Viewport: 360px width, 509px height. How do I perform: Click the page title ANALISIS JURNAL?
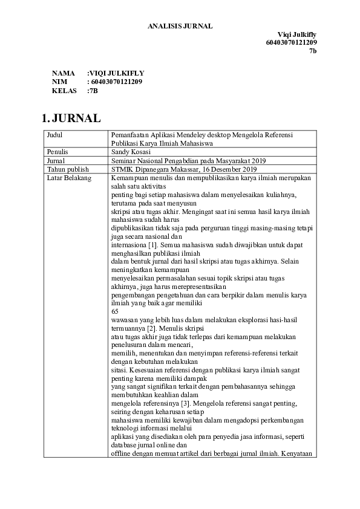tap(180, 25)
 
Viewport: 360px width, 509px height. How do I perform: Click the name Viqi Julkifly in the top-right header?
tap(297, 34)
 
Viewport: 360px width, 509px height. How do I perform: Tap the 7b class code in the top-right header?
tap(313, 51)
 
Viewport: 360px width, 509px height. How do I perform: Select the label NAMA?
tap(63, 73)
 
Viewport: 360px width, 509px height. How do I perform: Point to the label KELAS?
tap(64, 91)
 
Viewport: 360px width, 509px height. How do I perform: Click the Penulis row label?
tap(58, 152)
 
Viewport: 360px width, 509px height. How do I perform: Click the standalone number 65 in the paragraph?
tap(116, 310)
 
